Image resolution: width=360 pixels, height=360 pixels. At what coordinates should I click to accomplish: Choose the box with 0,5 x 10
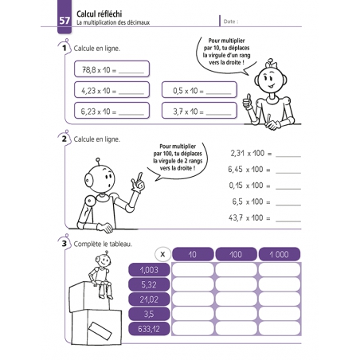(199, 91)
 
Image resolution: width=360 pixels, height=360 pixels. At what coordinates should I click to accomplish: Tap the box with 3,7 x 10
(199, 111)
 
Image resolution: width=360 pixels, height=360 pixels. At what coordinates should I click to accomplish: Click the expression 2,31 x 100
(249, 152)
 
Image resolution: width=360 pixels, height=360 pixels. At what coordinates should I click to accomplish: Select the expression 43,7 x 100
(249, 217)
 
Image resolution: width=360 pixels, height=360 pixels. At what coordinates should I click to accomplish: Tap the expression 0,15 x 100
(249, 185)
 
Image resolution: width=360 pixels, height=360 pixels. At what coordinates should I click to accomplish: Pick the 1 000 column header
(279, 254)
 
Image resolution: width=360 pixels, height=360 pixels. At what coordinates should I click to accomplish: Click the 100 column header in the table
(236, 254)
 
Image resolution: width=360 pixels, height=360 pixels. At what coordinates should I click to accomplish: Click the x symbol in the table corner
(162, 254)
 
